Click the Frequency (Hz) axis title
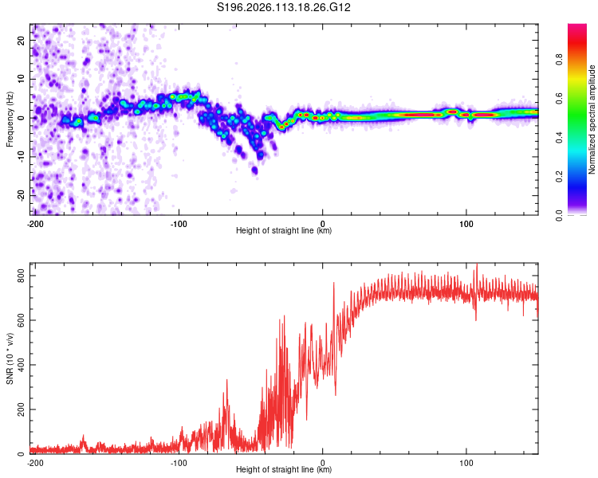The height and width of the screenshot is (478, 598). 10,119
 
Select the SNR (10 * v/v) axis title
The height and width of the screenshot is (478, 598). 10,358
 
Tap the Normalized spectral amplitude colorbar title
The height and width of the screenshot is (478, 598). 592,119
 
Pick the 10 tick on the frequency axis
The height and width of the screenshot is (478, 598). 22,80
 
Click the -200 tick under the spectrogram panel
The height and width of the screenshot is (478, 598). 35,223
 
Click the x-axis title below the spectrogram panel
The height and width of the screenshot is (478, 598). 284,231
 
